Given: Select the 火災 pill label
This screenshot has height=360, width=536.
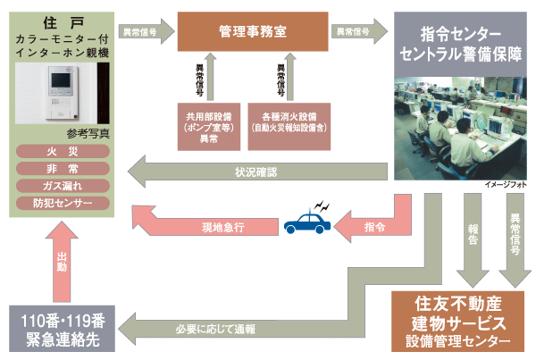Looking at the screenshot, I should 63,152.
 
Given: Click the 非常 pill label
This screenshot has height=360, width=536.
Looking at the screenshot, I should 63,169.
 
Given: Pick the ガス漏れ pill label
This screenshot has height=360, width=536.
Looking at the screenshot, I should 63,186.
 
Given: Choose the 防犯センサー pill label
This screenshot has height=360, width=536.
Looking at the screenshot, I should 63,203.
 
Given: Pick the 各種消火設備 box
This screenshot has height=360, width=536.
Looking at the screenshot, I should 288,126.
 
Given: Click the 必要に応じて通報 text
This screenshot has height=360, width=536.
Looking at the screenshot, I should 222,330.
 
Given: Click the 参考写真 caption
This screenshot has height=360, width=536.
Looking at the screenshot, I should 63,134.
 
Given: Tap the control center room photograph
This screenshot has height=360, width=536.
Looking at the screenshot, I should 462,126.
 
